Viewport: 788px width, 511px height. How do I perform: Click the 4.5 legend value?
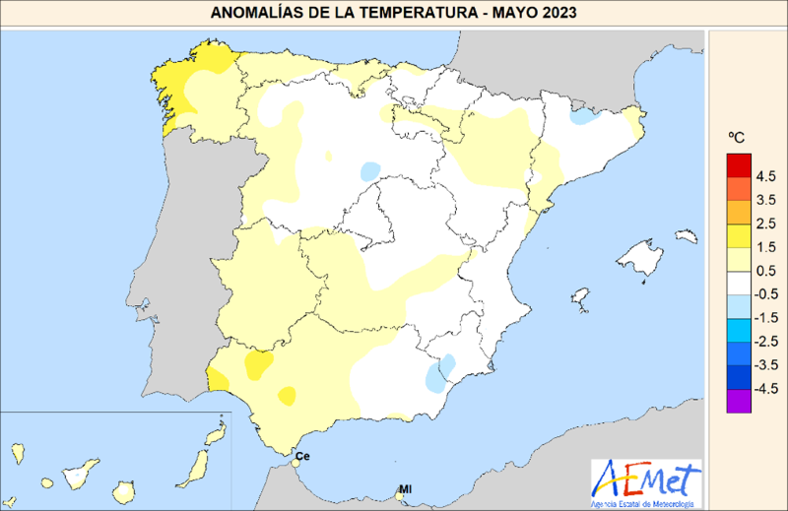pos(767,176)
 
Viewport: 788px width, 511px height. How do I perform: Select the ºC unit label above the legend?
pos(736,139)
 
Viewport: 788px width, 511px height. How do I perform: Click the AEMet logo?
pos(646,483)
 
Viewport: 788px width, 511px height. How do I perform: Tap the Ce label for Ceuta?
pos(303,456)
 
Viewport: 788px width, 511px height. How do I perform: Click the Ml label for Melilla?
pos(406,488)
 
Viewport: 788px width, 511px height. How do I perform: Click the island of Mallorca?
pos(646,260)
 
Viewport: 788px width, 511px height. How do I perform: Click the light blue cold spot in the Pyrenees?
pos(584,116)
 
